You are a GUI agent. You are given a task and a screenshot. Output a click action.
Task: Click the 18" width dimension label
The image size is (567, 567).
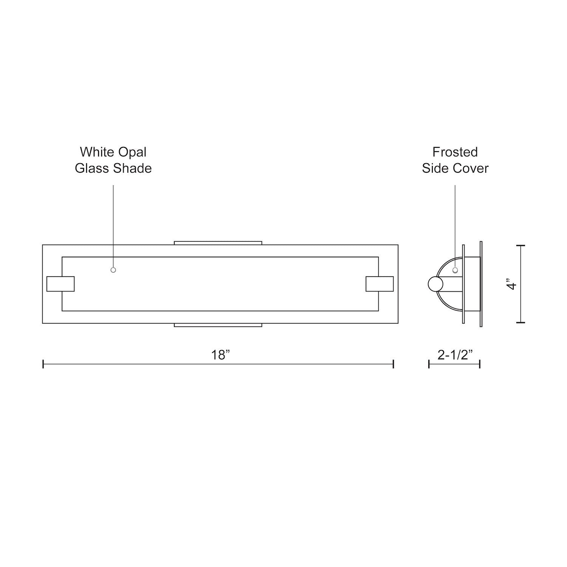pos(220,355)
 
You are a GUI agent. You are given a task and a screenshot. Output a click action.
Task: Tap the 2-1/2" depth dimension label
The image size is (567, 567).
pos(455,355)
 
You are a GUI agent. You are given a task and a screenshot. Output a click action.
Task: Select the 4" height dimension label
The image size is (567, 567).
pos(512,284)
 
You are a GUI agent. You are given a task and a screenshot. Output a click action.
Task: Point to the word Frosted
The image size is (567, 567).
pos(455,152)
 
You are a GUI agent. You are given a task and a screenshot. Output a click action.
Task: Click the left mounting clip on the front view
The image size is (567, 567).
pos(60,284)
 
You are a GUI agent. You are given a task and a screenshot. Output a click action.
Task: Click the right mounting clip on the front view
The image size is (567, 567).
pos(380,284)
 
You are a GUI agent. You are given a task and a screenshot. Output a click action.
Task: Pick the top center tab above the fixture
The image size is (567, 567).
pos(218,243)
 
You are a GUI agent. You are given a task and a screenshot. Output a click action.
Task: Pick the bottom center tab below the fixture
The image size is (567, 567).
pos(218,325)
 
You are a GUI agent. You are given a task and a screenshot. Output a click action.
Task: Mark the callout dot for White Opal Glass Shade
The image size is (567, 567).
pos(113,270)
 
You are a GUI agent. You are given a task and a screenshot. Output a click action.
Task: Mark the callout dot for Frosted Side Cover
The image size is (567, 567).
pos(455,270)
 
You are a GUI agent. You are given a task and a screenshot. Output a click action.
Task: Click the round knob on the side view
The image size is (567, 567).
pos(435,284)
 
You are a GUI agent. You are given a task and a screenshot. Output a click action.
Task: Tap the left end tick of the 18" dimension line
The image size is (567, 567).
pos(43,364)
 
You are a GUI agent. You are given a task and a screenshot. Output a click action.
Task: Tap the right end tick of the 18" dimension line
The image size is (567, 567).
pos(394,364)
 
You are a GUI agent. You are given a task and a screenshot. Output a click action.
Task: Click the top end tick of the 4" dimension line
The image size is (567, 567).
pos(521,246)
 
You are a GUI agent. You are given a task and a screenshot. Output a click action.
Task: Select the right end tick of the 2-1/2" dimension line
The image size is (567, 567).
pos(480,364)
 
